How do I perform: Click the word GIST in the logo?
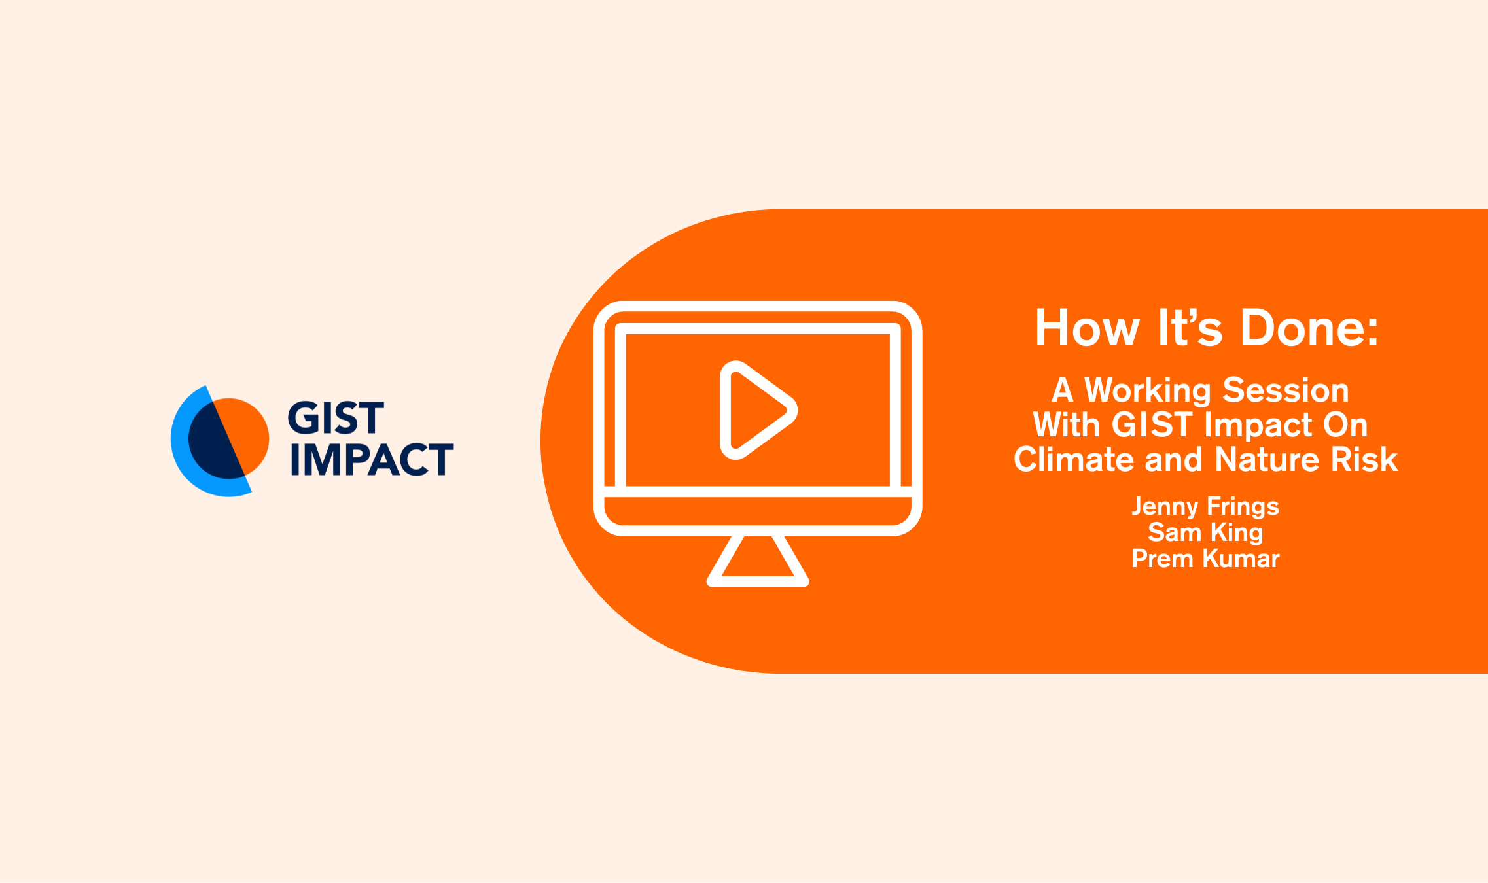click(x=336, y=418)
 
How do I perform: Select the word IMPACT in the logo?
click(x=372, y=459)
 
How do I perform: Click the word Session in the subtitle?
click(x=1286, y=390)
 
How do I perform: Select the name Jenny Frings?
click(x=1205, y=507)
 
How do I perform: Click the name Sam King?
click(x=1205, y=532)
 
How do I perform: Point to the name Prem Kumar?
click(x=1205, y=559)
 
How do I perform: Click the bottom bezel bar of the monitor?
click(x=758, y=511)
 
